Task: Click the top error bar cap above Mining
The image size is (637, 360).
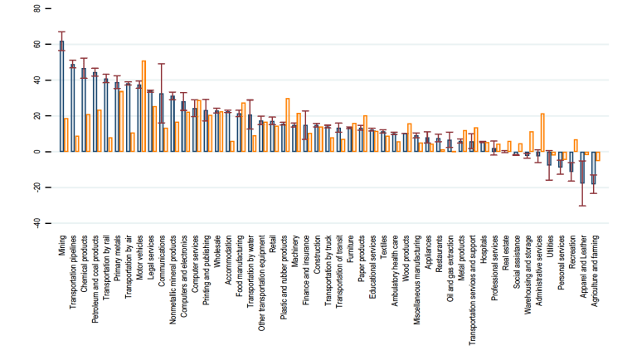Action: coord(61,32)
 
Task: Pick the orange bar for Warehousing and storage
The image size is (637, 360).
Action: coord(531,142)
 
